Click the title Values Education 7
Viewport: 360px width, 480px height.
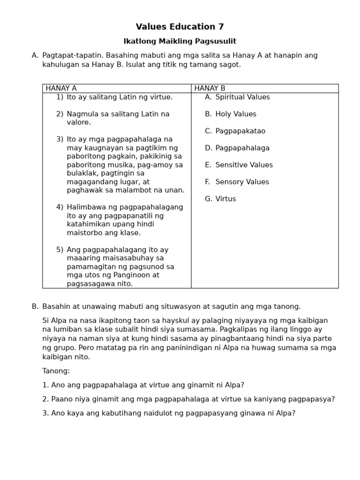coord(180,27)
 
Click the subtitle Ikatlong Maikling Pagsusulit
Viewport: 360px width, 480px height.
coord(180,41)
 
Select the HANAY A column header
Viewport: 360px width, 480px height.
coord(61,88)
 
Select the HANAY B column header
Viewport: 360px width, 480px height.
coord(210,88)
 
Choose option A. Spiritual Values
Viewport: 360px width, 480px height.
coord(237,97)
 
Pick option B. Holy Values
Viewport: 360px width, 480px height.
coord(231,114)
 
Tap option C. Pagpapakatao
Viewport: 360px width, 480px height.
coord(233,131)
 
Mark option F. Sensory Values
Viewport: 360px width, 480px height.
coord(237,182)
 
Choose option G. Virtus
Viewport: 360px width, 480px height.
coord(220,199)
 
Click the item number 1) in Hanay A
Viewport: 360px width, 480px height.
coord(60,97)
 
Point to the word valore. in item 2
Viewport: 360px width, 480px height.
coord(79,122)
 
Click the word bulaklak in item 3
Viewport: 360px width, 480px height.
coord(81,173)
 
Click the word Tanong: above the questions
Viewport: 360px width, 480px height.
coord(56,371)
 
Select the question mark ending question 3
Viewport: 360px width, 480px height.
coord(293,413)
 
